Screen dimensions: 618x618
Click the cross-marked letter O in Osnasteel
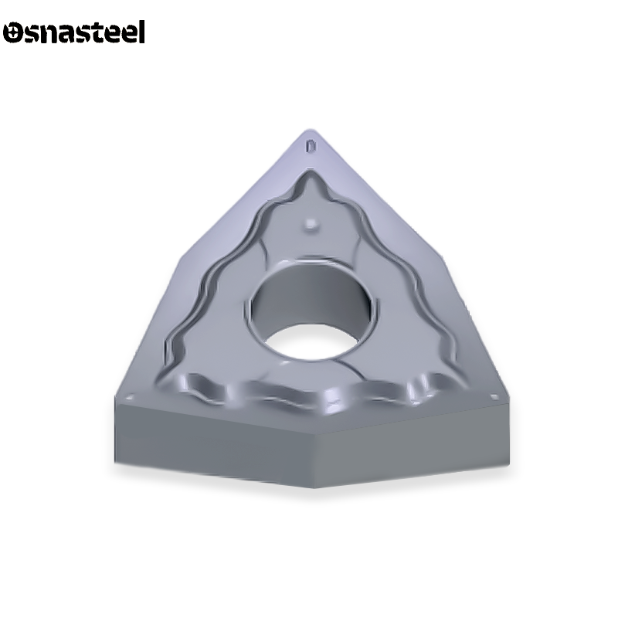coord(14,33)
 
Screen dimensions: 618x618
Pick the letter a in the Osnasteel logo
coord(68,34)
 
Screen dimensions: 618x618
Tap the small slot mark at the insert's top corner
coord(311,144)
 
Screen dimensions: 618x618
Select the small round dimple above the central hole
coord(311,224)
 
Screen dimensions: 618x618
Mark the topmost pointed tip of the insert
coord(311,130)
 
